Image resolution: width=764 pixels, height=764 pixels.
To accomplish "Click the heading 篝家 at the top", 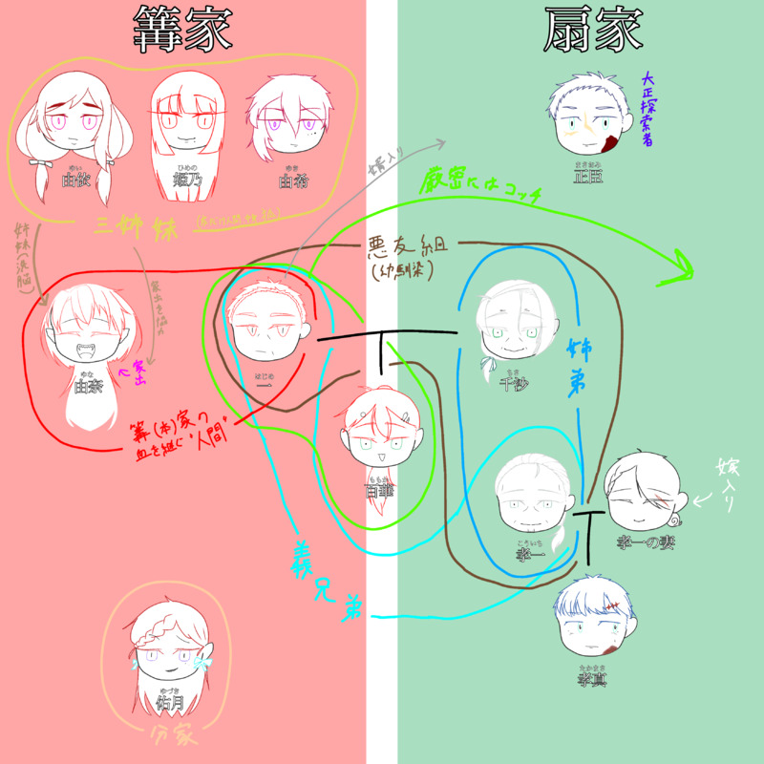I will coord(181,31).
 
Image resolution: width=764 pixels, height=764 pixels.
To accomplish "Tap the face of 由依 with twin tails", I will coord(74,129).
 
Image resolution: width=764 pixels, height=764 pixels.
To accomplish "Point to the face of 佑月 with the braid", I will coord(169,659).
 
